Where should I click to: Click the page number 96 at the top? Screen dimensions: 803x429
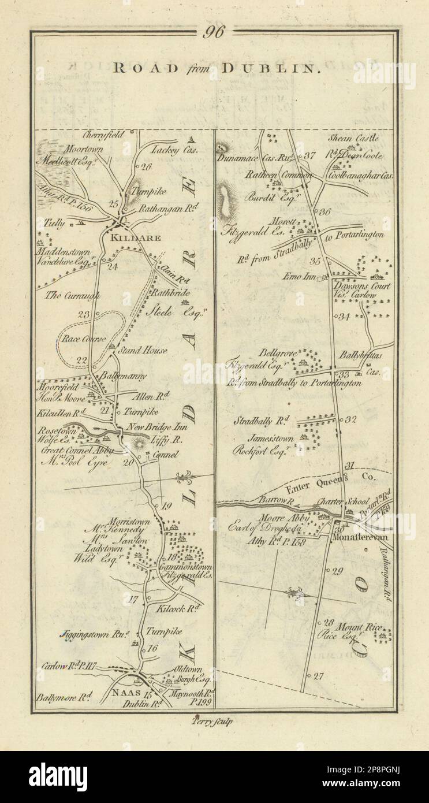click(214, 34)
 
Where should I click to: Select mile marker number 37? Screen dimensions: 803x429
click(311, 154)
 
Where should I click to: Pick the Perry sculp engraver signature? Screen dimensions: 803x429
click(214, 720)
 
